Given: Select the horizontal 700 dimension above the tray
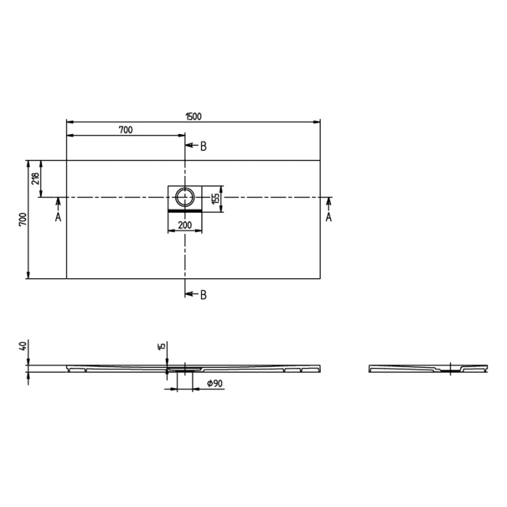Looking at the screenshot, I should (x=125, y=130).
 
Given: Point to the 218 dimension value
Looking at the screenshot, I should (x=35, y=178).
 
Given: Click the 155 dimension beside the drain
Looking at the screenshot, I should (x=215, y=198).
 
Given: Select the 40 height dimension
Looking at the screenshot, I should (x=23, y=347).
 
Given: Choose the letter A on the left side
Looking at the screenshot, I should (x=58, y=217).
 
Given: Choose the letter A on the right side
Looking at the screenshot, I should (x=328, y=217).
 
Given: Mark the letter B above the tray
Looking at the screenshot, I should (x=204, y=146).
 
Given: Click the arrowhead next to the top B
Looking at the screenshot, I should (x=190, y=146).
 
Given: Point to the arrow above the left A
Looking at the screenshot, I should (x=58, y=204).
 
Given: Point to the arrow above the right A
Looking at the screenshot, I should (x=328, y=203).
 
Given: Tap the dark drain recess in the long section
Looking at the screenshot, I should (x=180, y=369).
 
